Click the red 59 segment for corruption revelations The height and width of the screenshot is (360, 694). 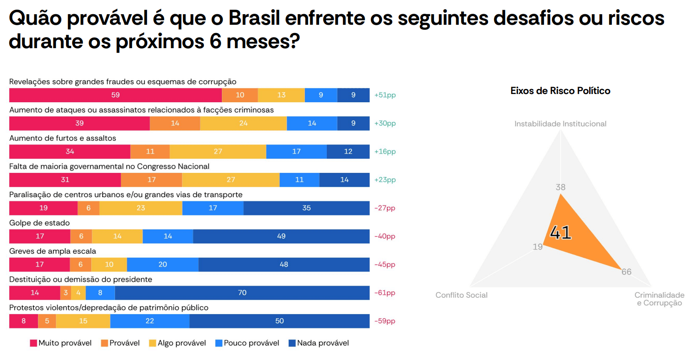[x=116, y=95]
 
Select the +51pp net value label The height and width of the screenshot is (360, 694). [x=385, y=95]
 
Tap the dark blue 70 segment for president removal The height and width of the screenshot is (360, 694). [x=242, y=293]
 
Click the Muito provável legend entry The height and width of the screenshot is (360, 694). [x=61, y=343]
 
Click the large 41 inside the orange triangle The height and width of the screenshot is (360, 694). [x=561, y=233]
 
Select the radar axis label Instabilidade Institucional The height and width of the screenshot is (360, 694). [x=560, y=124]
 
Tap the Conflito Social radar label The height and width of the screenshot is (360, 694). [x=461, y=295]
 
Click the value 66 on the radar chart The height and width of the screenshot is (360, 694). [x=626, y=272]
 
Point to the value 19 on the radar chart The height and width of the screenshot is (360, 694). [x=538, y=247]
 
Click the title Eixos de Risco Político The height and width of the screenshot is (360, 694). [x=560, y=91]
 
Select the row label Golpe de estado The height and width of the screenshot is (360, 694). [x=39, y=223]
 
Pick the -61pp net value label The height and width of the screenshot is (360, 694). [x=385, y=293]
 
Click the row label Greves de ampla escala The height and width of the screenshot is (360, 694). [x=53, y=251]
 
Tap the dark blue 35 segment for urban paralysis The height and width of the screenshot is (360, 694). [x=306, y=208]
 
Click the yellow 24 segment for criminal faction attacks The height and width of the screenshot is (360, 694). [x=243, y=123]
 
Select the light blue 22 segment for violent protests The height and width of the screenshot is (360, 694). [x=150, y=321]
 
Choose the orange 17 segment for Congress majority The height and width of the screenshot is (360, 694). [x=152, y=180]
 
